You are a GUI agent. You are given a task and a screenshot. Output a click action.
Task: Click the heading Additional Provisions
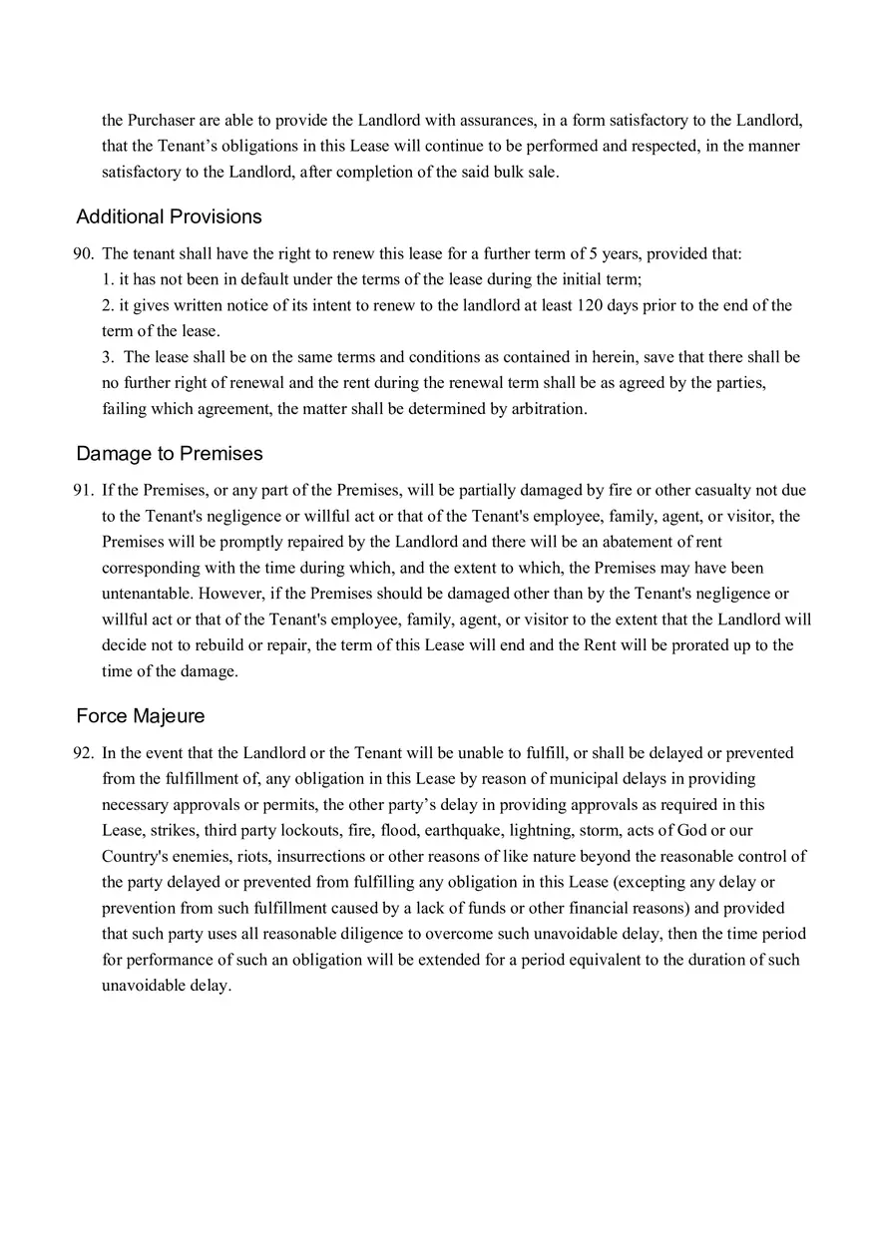pos(169,216)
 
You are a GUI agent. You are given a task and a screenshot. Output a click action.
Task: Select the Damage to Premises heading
pos(170,453)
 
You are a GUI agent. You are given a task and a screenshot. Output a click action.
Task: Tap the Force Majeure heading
pos(141,715)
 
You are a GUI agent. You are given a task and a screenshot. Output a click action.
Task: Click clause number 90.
pos(83,253)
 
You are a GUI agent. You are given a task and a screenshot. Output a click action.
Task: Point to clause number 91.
pos(83,490)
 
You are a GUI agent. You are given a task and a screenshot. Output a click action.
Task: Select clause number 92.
pos(83,753)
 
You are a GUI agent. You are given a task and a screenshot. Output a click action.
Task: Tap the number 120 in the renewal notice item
pos(591,305)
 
